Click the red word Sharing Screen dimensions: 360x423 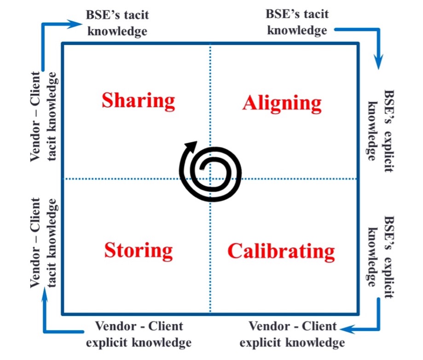coord(138,100)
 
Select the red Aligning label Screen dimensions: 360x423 coord(282,103)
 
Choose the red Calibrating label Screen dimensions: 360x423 coord(281,251)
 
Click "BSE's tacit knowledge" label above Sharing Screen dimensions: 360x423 coord(117,23)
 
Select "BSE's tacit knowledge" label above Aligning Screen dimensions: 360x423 coord(297,22)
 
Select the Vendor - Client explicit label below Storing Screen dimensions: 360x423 coord(139,334)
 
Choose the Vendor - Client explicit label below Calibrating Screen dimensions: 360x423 coord(292,334)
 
